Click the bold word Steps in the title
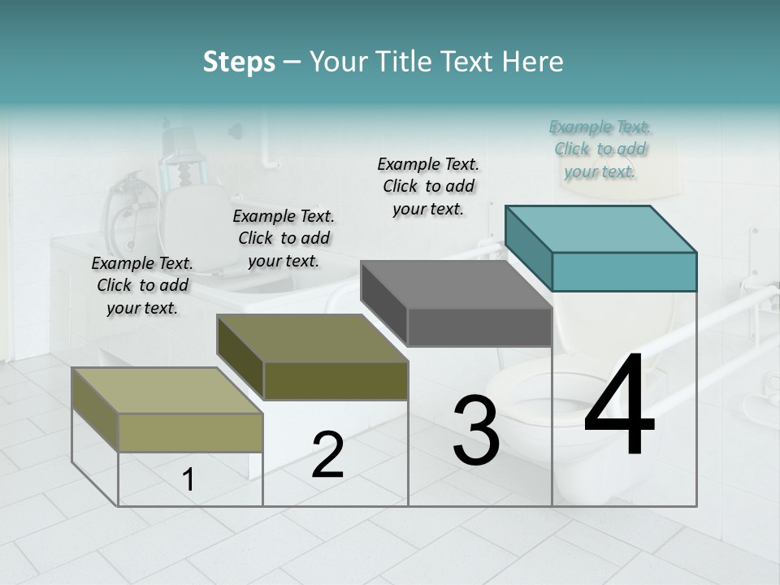pyautogui.click(x=239, y=62)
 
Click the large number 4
pyautogui.click(x=619, y=405)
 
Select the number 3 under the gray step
pyautogui.click(x=475, y=430)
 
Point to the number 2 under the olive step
pyautogui.click(x=327, y=455)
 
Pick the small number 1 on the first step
pyautogui.click(x=188, y=480)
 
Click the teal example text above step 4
pyautogui.click(x=600, y=149)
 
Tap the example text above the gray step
pyautogui.click(x=428, y=186)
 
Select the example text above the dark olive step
pyautogui.click(x=284, y=238)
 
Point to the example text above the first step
pyautogui.click(x=142, y=285)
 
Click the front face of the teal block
pyautogui.click(x=624, y=271)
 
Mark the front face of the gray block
pyautogui.click(x=479, y=327)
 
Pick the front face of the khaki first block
pyautogui.click(x=190, y=432)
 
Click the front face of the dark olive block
pyautogui.click(x=335, y=380)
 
